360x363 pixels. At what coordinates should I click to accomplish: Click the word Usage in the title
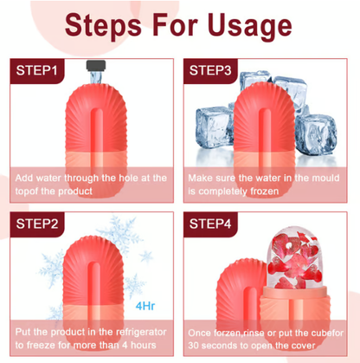[x=250, y=26]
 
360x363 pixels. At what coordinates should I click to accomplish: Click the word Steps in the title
[x=103, y=25]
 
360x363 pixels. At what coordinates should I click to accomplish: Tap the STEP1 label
[x=36, y=70]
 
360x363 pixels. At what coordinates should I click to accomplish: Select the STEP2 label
[x=37, y=224]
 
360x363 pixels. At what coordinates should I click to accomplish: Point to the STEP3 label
[x=210, y=70]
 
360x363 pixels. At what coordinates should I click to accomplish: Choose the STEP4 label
[x=210, y=224]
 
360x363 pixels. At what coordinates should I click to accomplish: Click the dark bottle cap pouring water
[x=96, y=65]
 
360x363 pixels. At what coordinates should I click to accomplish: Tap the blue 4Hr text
[x=145, y=306]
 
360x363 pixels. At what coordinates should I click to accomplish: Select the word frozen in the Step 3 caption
[x=265, y=191]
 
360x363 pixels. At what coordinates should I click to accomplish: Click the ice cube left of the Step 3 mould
[x=215, y=128]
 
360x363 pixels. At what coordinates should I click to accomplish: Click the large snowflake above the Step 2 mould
[x=119, y=234]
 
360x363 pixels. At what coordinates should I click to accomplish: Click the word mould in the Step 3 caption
[x=325, y=178]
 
